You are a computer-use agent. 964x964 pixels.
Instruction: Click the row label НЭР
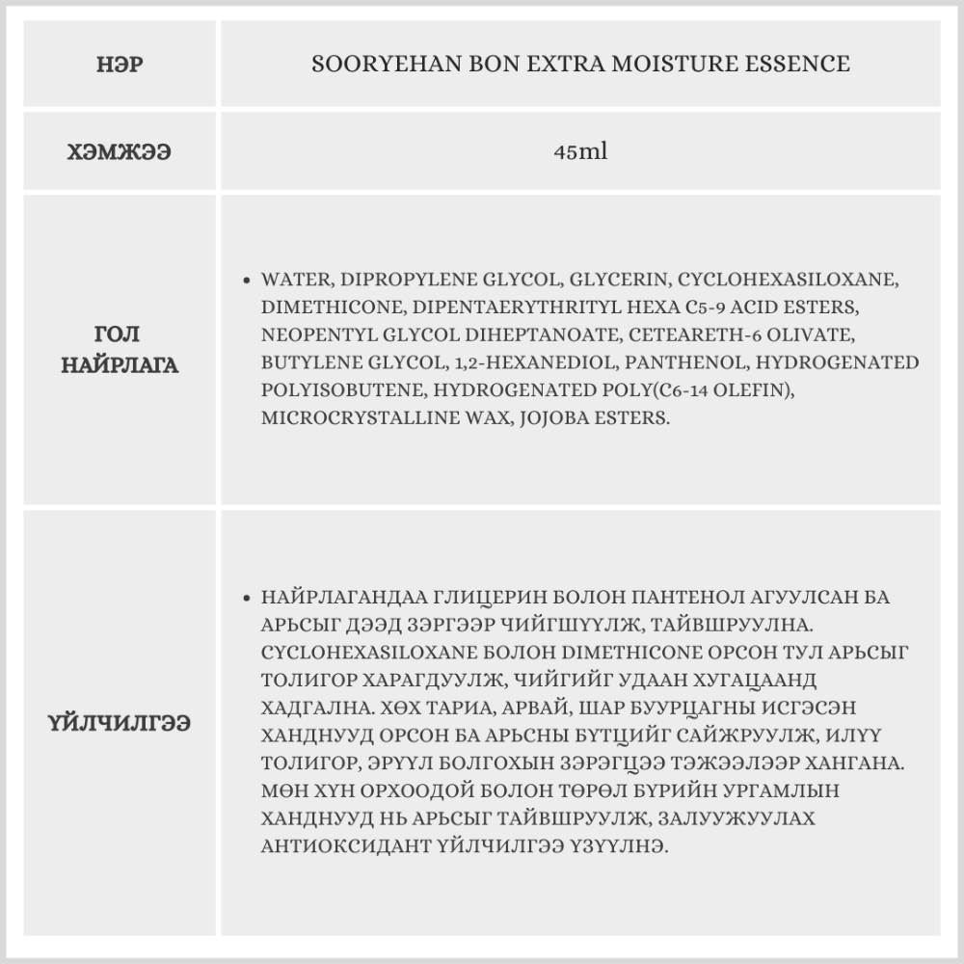tap(120, 65)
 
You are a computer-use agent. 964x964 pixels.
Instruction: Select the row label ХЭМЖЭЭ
tap(120, 152)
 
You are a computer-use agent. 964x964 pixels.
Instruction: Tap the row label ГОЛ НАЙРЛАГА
tap(120, 350)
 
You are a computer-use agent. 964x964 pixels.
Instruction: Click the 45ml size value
tap(580, 152)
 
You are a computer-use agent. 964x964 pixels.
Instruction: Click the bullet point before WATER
tap(249, 281)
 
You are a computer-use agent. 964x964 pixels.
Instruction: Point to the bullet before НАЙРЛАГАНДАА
tap(249, 598)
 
